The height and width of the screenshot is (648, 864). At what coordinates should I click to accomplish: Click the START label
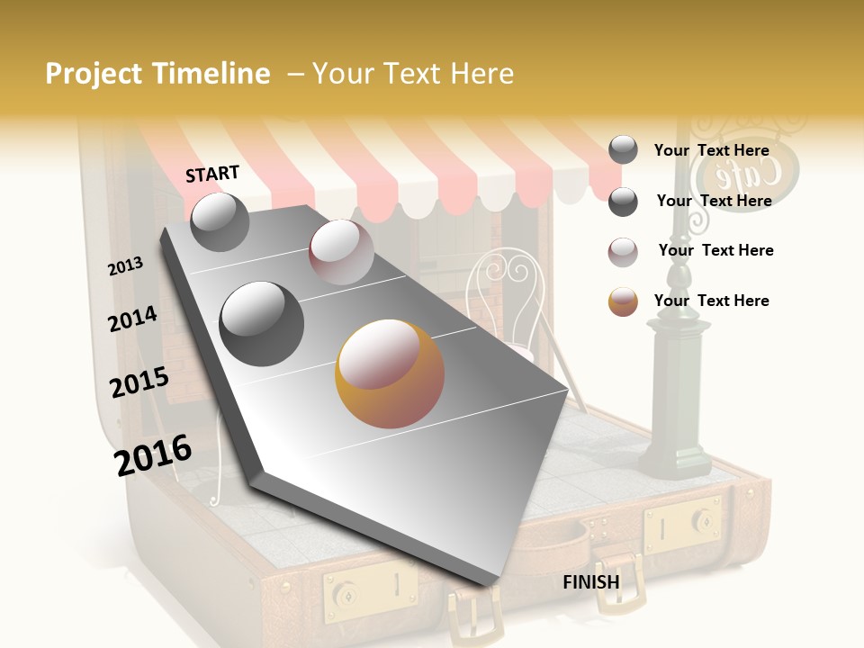pyautogui.click(x=212, y=174)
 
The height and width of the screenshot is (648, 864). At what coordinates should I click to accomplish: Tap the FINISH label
pyautogui.click(x=591, y=582)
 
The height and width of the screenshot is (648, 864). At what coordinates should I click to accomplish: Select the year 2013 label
pyautogui.click(x=126, y=266)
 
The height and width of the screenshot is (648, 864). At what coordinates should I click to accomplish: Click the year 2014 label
pyautogui.click(x=133, y=319)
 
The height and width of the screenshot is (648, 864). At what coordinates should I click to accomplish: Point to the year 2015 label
pyautogui.click(x=139, y=382)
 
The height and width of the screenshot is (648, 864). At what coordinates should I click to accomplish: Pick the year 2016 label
pyautogui.click(x=153, y=454)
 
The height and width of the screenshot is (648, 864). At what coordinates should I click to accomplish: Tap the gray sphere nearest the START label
pyautogui.click(x=220, y=221)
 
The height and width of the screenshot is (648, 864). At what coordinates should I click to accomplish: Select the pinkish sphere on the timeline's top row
pyautogui.click(x=341, y=252)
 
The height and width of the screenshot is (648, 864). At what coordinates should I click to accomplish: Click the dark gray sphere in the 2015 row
pyautogui.click(x=262, y=323)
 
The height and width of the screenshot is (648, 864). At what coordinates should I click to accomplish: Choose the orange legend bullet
pyautogui.click(x=623, y=301)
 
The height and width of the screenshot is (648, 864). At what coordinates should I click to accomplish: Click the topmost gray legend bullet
pyautogui.click(x=623, y=150)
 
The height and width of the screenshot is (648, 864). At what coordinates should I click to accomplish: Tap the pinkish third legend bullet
pyautogui.click(x=623, y=251)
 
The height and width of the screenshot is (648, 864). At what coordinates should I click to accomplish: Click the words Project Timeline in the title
pyautogui.click(x=157, y=74)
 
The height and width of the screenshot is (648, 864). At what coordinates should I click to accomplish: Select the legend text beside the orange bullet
pyautogui.click(x=712, y=301)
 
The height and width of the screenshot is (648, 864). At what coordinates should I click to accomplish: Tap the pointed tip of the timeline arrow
pyautogui.click(x=490, y=585)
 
